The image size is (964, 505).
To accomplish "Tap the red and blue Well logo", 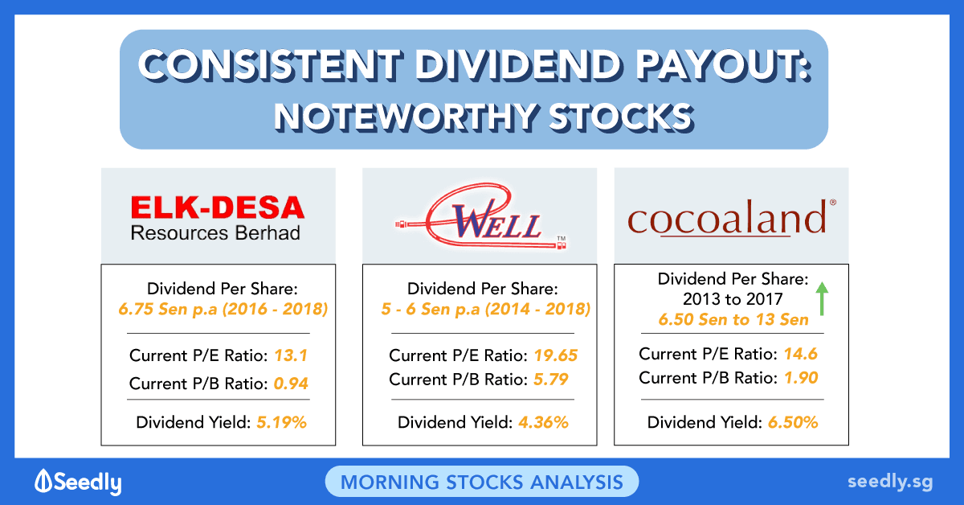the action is (481, 217).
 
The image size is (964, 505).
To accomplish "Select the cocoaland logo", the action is (732, 218).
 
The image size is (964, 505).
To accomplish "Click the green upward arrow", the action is (822, 298).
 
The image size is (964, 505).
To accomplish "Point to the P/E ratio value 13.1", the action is (291, 355).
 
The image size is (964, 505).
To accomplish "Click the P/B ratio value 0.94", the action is (291, 384).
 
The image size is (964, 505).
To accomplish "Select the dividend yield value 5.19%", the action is (281, 422).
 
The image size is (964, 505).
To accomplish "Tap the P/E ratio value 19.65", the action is (556, 355).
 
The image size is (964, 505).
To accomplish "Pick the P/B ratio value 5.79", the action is (551, 380).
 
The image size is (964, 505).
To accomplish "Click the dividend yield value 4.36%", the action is (544, 422).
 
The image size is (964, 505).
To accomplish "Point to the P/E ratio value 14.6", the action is (800, 354).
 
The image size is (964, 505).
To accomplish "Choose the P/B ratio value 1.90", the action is (801, 378).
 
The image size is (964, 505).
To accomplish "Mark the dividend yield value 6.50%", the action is (793, 422).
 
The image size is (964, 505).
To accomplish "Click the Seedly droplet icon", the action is (43, 480).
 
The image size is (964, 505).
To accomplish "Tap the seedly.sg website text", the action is (890, 482).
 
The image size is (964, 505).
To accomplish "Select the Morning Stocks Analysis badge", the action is (481, 482).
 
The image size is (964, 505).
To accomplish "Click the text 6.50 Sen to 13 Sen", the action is (733, 320).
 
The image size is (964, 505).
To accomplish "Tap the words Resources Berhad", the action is (215, 232).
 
